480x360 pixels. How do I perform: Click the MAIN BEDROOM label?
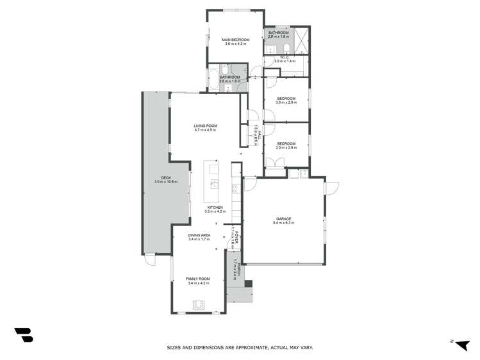click(235, 40)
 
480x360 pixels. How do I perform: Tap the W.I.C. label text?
click(285, 56)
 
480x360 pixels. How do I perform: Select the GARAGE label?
click(283, 219)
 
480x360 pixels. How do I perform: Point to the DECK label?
click(165, 177)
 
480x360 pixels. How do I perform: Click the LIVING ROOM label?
click(206, 126)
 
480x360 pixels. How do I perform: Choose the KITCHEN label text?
click(215, 208)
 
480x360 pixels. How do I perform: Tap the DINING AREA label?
click(199, 235)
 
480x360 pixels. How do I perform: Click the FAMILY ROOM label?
click(198, 279)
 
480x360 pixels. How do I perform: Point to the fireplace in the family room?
click(200, 305)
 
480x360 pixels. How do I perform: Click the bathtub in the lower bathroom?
click(213, 78)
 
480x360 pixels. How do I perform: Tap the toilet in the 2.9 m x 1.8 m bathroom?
click(287, 47)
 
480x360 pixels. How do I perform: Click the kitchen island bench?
click(212, 181)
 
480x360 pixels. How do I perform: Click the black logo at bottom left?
click(24, 335)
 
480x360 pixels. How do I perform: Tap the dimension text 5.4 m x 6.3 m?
click(283, 224)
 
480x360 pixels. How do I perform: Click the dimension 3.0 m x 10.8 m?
click(165, 182)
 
